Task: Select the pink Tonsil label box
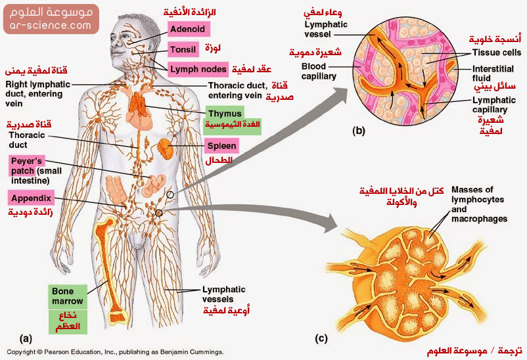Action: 183,49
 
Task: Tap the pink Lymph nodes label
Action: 197,69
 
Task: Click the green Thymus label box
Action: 225,114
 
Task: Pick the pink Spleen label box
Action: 221,146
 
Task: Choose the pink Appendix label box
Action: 30,196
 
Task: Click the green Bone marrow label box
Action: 68,297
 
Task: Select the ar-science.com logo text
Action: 50,26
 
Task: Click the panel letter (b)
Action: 359,130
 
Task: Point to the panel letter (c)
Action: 321,339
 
